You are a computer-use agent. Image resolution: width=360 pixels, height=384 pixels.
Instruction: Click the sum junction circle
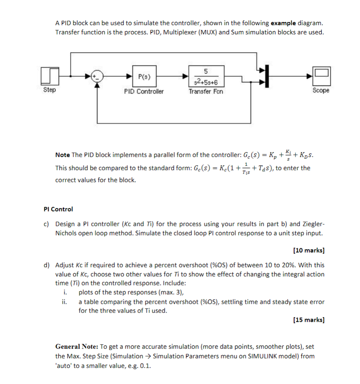tap(97, 76)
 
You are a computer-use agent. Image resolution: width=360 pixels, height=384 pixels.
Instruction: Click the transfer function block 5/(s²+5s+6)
tap(205, 77)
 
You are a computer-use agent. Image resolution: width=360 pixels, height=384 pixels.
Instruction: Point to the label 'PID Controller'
tap(144, 91)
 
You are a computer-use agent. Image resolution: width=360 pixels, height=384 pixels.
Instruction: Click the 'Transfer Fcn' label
tap(206, 91)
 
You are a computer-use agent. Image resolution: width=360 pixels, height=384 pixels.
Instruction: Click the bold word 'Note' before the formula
tap(63, 155)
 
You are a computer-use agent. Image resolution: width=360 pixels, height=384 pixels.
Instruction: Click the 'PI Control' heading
tap(58, 209)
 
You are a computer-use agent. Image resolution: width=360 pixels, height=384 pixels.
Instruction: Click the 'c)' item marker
tap(46, 224)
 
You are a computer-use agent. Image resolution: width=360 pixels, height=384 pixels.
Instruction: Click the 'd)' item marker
tap(46, 265)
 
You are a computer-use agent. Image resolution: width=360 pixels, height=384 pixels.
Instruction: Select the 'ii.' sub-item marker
tap(65, 302)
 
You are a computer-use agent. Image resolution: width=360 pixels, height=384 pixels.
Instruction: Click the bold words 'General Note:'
tap(76, 347)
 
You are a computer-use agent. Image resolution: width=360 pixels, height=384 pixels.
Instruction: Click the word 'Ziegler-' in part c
tap(313, 224)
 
